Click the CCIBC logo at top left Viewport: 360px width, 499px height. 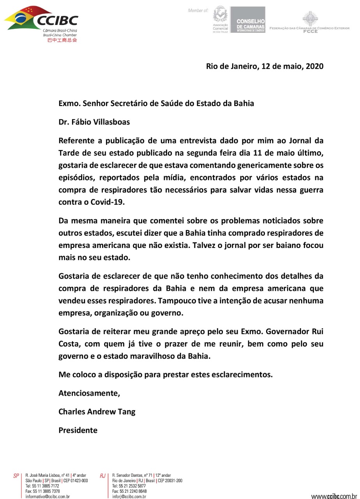pos(41,19)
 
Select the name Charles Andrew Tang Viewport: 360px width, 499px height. pos(97,412)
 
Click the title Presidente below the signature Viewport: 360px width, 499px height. pos(78,430)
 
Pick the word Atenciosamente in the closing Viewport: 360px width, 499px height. pos(89,393)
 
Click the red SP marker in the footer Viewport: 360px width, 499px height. pos(16,476)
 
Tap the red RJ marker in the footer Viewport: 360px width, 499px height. pos(103,476)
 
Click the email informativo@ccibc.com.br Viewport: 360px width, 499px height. pos(47,497)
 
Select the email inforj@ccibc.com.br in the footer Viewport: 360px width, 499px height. pos(129,497)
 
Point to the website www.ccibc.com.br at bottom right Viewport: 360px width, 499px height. pos(334,496)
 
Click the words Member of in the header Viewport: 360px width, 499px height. pos(198,11)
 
